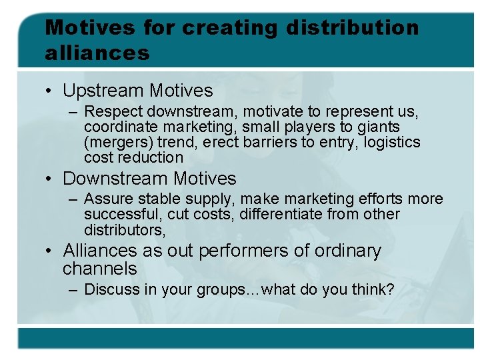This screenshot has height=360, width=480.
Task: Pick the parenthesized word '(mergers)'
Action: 117,142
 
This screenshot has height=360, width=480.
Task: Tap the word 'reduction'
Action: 151,157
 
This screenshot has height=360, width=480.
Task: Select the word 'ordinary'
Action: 347,251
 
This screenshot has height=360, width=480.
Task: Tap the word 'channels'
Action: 99,269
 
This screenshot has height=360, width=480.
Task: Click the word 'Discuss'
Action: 109,289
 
